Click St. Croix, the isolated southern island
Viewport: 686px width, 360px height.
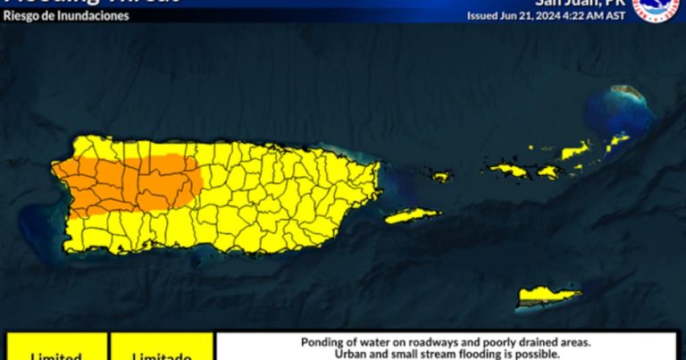click(548, 294)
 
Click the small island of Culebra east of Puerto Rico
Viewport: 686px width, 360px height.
click(442, 176)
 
